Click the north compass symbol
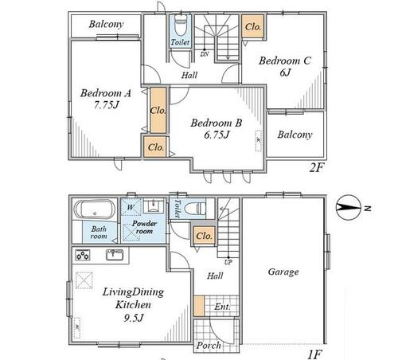(x=348, y=208)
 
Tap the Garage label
(x=283, y=272)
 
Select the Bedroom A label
(x=106, y=93)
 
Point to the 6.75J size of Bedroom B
(x=217, y=135)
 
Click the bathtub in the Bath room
(x=95, y=209)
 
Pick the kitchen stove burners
(x=83, y=256)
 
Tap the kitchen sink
(x=115, y=255)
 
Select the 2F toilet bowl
(x=181, y=25)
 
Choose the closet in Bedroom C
(x=253, y=26)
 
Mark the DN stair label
(x=205, y=54)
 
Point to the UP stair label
(x=228, y=262)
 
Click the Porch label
(x=209, y=346)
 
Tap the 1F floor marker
(x=315, y=354)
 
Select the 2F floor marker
(x=317, y=167)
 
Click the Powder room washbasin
(x=154, y=206)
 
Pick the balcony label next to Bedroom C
(x=295, y=135)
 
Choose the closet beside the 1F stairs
(x=204, y=236)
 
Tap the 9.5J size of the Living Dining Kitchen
(x=134, y=318)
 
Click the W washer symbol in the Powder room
(x=131, y=207)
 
